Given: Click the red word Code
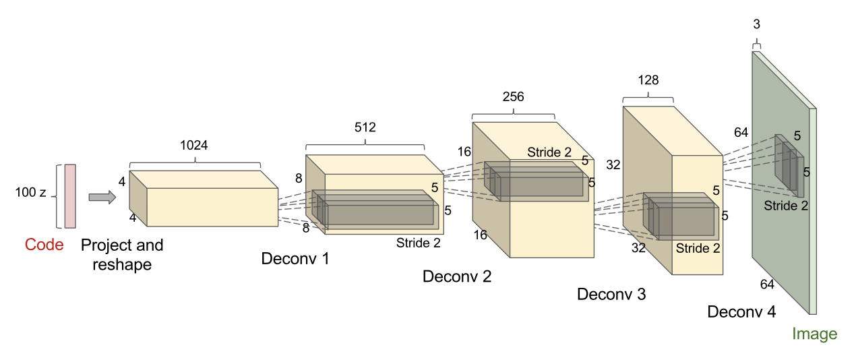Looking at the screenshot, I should (x=44, y=245).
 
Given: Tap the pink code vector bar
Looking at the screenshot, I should (x=70, y=196).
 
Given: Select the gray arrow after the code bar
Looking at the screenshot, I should (x=102, y=197).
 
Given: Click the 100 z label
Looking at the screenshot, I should (x=30, y=193).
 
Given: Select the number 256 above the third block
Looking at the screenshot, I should (x=513, y=96).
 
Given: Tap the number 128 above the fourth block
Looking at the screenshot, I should (x=648, y=80).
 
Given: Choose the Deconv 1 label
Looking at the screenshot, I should (x=296, y=258).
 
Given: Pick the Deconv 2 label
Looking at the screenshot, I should (x=457, y=276).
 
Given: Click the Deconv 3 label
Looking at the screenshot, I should (x=611, y=295).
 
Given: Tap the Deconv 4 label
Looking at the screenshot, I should (x=741, y=311).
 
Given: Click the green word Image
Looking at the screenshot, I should (x=814, y=334).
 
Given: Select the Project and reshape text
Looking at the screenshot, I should (x=122, y=254).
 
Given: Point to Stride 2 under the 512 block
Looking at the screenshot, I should (x=418, y=243).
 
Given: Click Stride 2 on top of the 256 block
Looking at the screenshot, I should (x=549, y=152).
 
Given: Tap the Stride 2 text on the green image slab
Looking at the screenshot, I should (x=786, y=205).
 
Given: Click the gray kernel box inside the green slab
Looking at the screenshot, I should (x=788, y=162).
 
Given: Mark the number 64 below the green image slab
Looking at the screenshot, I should (x=767, y=284).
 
